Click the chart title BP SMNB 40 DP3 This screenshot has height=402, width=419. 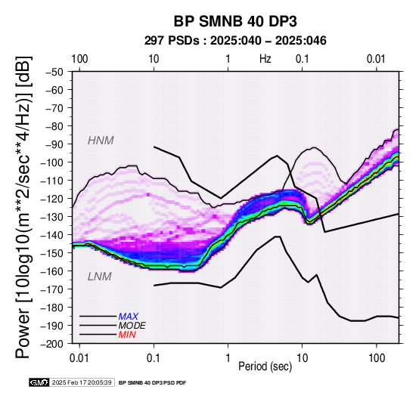pos(235,21)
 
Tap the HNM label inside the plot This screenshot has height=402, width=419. pos(101,141)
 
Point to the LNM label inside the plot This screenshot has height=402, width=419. pos(99,277)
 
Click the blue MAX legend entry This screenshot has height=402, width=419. pos(129,317)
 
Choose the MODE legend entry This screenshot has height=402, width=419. pos(132,326)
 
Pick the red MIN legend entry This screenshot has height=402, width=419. pos(127,335)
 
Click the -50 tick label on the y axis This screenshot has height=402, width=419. pos(54,72)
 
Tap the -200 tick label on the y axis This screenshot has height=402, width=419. pos(52,344)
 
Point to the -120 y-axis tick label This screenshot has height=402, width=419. pos(52,199)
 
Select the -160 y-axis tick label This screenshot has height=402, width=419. pos(52,271)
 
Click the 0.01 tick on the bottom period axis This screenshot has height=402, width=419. pos(79,358)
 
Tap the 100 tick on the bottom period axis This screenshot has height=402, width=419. pos(377,358)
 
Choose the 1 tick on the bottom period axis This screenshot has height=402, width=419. pos(228,358)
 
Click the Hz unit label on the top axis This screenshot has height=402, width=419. pos(265,59)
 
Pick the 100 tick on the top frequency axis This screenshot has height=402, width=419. pos(79,59)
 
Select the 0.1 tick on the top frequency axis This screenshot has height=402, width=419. pos(303,59)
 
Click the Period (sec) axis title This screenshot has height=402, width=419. pos(265,366)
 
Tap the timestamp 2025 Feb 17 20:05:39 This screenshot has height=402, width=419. pos(82,382)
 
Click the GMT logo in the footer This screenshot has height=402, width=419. pos(39,382)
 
